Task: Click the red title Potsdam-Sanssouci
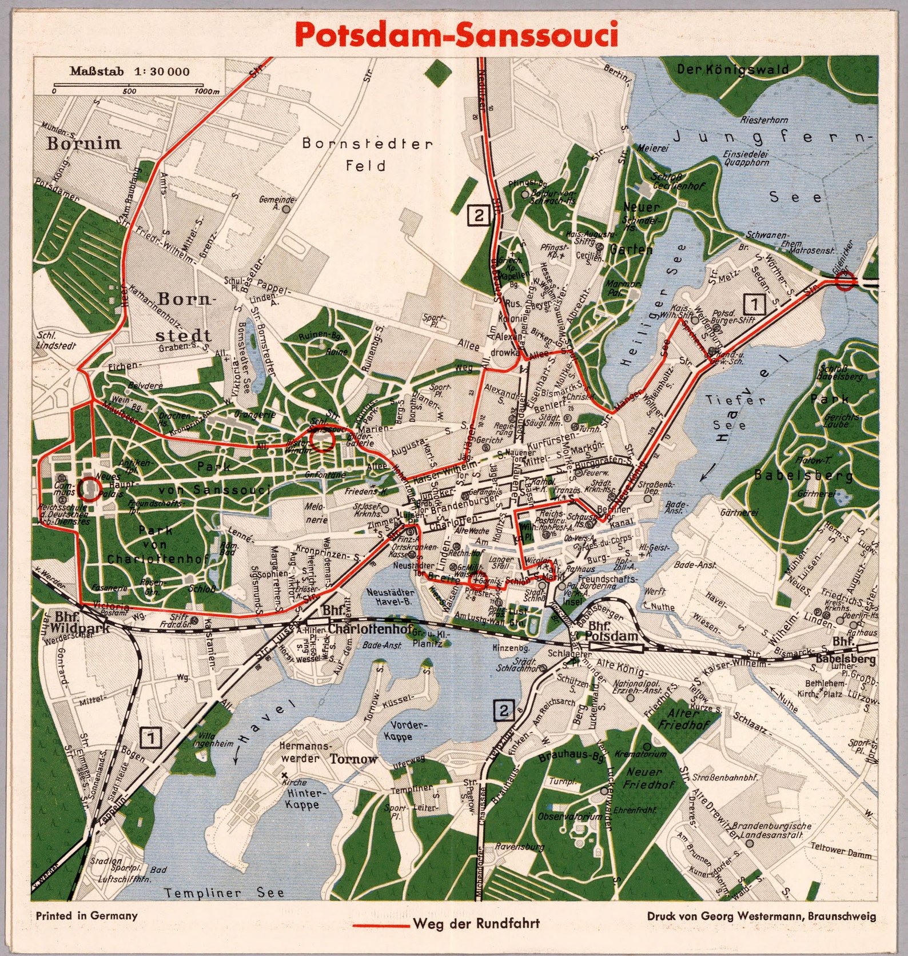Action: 457,34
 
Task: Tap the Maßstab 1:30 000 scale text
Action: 130,72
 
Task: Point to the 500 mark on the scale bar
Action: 129,91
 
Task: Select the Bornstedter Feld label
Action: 367,154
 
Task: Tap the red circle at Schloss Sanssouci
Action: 321,440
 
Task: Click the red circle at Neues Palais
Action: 88,489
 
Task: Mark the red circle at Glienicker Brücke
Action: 845,281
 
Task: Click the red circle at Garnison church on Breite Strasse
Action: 477,580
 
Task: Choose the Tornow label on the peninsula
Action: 353,759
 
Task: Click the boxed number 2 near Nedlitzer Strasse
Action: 478,216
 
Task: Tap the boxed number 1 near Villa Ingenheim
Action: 151,738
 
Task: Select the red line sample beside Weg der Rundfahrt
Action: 380,925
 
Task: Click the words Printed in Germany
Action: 86,915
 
